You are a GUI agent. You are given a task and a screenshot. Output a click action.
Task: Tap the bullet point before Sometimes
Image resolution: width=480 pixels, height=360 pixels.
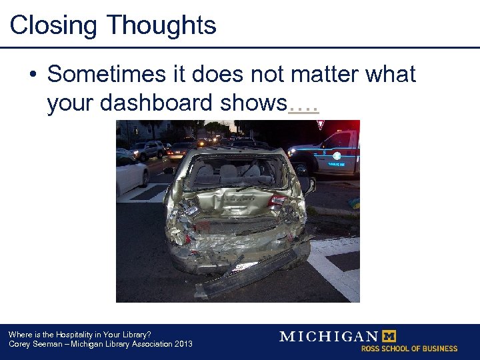[x=33, y=75]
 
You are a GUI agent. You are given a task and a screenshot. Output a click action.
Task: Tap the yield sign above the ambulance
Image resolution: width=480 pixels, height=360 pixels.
[x=321, y=125]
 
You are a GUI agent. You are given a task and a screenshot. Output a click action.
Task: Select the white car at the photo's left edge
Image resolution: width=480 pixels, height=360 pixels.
[x=131, y=172]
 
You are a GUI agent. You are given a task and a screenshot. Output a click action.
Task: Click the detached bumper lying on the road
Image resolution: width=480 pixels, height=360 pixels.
[x=253, y=271]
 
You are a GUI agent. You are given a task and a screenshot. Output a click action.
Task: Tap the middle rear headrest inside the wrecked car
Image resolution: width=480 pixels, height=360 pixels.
[x=229, y=171]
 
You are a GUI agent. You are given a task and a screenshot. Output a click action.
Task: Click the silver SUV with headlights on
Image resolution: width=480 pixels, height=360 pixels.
[x=148, y=149]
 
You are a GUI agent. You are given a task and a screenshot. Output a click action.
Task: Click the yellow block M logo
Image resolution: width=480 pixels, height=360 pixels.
[x=388, y=336]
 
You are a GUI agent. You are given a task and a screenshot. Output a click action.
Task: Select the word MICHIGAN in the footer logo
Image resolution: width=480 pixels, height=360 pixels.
[x=328, y=337]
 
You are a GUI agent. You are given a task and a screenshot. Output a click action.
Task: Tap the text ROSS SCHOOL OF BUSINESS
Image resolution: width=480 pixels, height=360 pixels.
[x=409, y=349]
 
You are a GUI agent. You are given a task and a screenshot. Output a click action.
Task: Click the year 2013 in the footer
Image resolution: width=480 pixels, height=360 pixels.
[x=182, y=344]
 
